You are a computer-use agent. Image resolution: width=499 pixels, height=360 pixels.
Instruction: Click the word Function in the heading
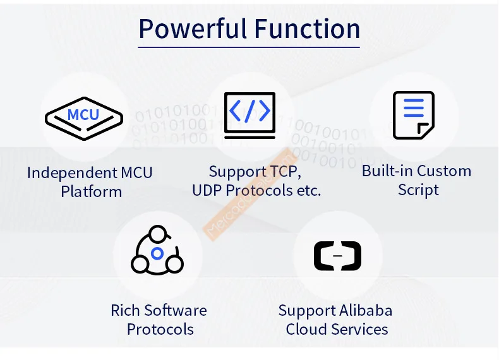[307, 29]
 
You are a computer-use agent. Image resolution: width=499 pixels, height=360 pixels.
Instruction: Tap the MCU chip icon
[83, 116]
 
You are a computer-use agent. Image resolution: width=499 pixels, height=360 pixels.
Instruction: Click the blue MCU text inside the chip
[83, 115]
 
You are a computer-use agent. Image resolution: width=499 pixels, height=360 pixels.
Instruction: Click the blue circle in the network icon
[157, 255]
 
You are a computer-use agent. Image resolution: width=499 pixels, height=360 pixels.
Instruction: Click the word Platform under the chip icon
[91, 191]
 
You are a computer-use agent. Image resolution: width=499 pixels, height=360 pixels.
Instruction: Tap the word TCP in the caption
[285, 171]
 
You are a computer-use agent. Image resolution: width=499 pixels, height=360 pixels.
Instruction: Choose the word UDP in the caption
[207, 190]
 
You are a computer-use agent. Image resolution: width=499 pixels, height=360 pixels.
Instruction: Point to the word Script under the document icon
[418, 190]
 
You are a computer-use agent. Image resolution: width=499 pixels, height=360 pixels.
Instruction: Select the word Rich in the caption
[125, 310]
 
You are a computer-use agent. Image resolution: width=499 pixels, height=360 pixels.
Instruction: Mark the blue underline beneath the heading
[249, 47]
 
